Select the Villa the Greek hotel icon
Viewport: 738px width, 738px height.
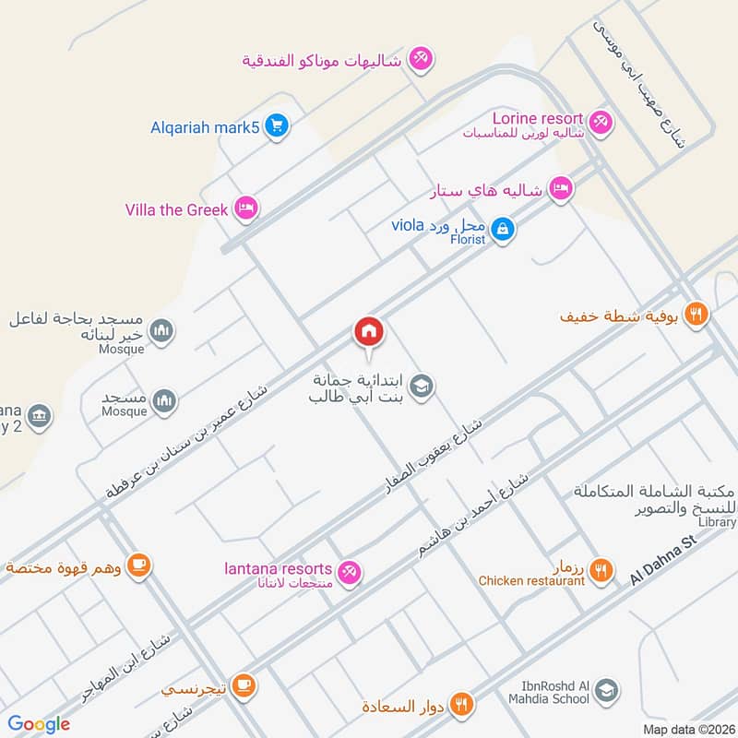(244, 209)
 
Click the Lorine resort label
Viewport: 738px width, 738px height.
(538, 119)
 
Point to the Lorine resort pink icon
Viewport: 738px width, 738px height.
(601, 121)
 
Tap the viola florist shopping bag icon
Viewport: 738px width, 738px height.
(502, 227)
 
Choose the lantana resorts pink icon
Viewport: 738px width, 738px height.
(349, 573)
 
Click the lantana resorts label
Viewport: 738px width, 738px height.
(279, 568)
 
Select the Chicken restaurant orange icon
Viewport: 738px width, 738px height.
(601, 571)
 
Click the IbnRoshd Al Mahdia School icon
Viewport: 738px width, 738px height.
(606, 689)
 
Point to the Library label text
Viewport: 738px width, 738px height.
(718, 522)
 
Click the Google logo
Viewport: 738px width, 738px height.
(39, 724)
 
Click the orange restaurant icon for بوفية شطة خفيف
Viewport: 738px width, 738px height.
(697, 314)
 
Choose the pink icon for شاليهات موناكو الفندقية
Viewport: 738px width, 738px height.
(421, 58)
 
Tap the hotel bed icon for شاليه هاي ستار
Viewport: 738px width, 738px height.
(559, 189)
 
